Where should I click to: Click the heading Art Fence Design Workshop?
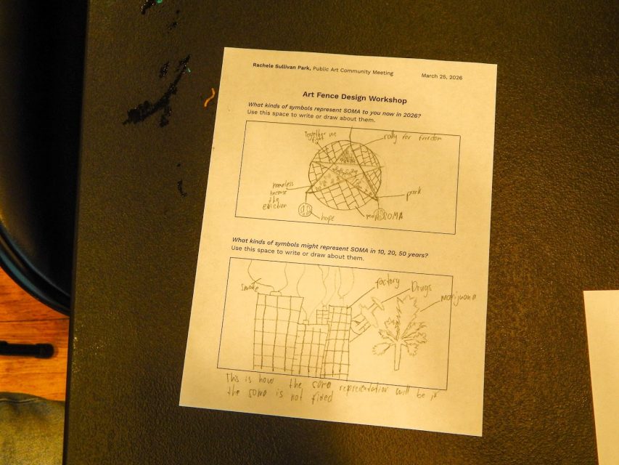354,97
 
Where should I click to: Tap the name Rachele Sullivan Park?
281,65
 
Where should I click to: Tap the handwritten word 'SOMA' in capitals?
388,217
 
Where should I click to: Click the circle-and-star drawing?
345,175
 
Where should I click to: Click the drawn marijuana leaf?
398,331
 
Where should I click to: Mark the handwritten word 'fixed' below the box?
319,397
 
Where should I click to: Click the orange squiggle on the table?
210,97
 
